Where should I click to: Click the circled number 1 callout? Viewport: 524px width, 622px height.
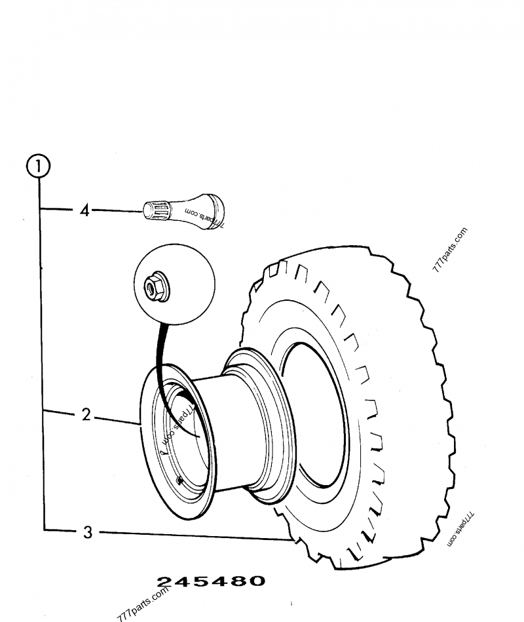coord(39,166)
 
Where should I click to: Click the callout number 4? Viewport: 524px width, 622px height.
coord(84,211)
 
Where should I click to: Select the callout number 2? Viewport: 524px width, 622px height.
coord(85,414)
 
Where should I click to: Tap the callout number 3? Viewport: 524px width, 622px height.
coord(88,532)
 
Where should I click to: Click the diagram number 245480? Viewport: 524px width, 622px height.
coord(211,581)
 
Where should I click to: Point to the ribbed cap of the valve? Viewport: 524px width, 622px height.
coord(157,210)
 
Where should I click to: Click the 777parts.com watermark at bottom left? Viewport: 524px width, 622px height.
coord(143,604)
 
